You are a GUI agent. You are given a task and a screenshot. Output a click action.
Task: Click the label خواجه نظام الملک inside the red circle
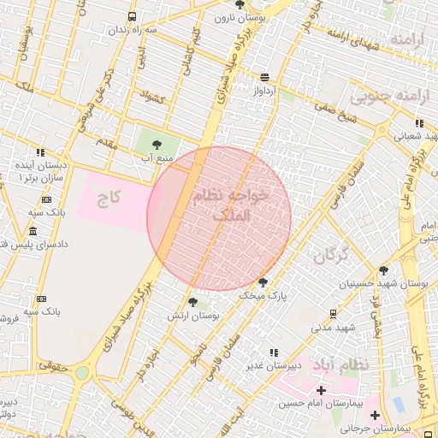tap(232, 205)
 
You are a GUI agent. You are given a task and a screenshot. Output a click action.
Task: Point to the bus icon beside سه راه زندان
tap(132, 16)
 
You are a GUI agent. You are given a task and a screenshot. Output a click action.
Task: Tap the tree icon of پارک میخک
tap(263, 281)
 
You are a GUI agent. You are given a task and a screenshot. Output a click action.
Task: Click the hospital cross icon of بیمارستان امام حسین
tap(321, 390)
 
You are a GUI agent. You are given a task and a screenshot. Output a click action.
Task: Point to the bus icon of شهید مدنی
tap(333, 313)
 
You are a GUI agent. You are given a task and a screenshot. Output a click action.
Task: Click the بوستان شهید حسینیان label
tap(400, 282)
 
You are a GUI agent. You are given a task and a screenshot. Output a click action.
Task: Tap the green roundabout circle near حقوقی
tap(82, 373)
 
